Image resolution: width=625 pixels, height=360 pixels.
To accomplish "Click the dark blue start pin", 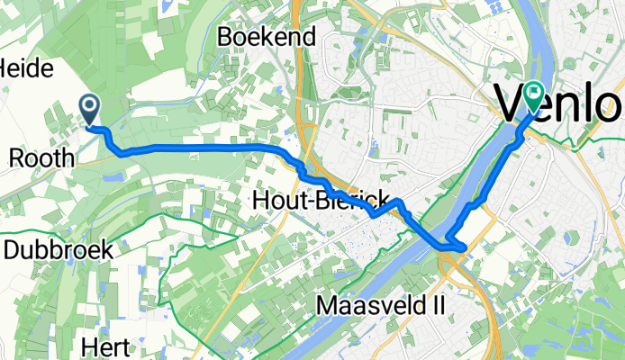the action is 91,109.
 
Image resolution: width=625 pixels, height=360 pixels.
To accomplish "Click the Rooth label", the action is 41,157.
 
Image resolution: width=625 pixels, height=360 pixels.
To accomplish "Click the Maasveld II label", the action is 381,306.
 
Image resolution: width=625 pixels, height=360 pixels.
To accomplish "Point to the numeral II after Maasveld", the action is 437,306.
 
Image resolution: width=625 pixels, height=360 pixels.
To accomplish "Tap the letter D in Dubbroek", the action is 11,249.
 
